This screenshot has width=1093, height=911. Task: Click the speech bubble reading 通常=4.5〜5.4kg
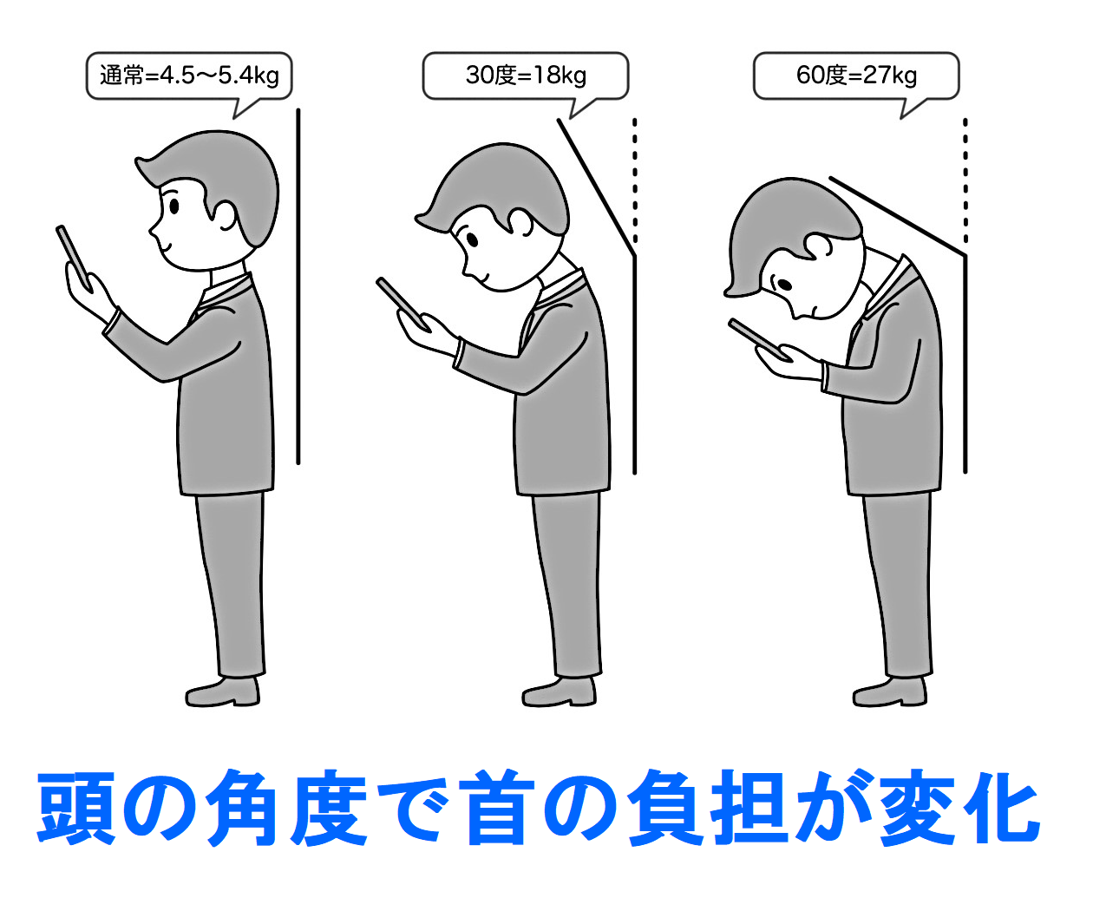(188, 76)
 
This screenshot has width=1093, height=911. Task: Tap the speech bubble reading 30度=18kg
(525, 76)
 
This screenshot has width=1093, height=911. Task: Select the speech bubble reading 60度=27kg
(856, 76)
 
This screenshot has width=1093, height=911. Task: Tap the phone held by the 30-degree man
(403, 305)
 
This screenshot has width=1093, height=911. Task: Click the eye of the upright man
(174, 206)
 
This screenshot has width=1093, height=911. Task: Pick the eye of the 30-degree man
(472, 239)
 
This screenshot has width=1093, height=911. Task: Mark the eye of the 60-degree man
(785, 285)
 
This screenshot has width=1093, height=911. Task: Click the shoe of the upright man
(222, 692)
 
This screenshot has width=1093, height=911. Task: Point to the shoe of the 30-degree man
(559, 692)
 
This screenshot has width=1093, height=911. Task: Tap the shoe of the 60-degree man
(890, 692)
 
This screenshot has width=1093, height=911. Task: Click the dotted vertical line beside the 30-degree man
(634, 180)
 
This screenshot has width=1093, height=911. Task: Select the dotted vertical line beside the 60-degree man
(965, 180)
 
